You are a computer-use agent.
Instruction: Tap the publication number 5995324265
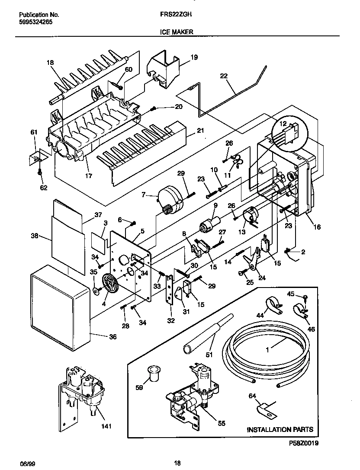[x=36, y=22]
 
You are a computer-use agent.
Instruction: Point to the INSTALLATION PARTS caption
[x=280, y=429]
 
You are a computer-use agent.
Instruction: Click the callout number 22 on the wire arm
[x=223, y=76]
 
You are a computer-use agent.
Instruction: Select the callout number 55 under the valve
[x=221, y=424]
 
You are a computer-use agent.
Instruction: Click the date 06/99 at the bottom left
[x=27, y=463]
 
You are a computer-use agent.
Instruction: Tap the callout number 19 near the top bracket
[x=194, y=58]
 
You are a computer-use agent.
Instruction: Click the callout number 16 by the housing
[x=317, y=227]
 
